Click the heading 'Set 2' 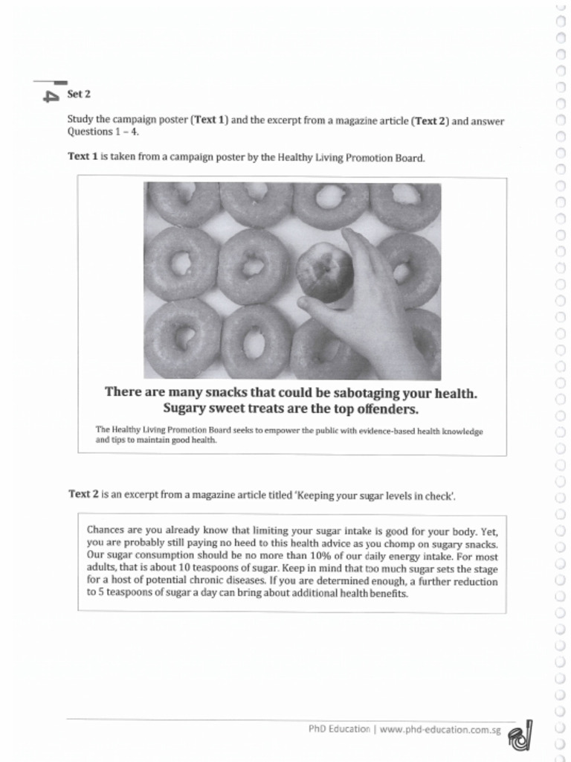pos(79,95)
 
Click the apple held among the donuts pos(324,271)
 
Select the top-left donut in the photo pos(182,202)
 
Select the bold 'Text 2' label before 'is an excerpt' pos(83,493)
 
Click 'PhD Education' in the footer pos(339,729)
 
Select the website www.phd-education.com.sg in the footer pos(439,729)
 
